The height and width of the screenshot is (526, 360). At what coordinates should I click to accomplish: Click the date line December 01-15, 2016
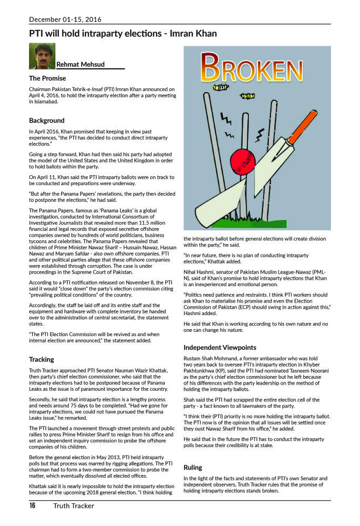coord(65,19)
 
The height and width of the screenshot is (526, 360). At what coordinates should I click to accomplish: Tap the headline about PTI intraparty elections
coord(123,34)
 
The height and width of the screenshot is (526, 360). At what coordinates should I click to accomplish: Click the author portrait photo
coord(42,56)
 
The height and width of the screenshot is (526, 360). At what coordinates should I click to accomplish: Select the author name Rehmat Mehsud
coord(80,64)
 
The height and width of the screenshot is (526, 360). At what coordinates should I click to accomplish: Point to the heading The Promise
coord(47,78)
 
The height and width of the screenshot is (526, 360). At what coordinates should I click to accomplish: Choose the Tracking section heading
coord(42,359)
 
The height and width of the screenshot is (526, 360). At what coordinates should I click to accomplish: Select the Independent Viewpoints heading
coord(219,347)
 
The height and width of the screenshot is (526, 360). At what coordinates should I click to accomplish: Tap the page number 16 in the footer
coord(33,505)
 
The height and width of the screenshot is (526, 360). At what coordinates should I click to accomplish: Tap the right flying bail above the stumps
coord(247,96)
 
